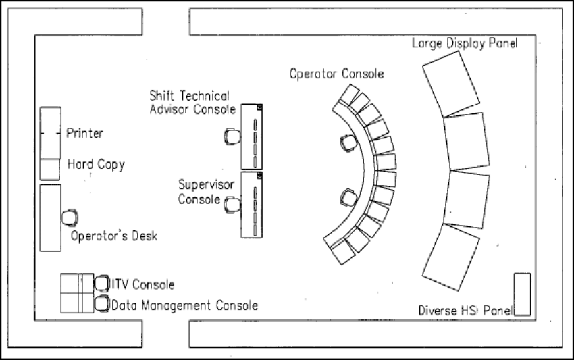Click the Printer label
coord(84,133)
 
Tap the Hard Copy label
coord(96,164)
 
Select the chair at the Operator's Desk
coord(70,218)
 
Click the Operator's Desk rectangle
coord(50,217)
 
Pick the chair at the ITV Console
coord(101,284)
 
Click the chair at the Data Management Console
coord(101,305)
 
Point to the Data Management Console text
coord(184,305)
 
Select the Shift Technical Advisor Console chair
coord(232,136)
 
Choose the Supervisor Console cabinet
coord(252,204)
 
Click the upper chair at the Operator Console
coord(348,143)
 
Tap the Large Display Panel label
coord(465,44)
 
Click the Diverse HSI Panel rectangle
coord(522,294)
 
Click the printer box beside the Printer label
coord(50,133)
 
